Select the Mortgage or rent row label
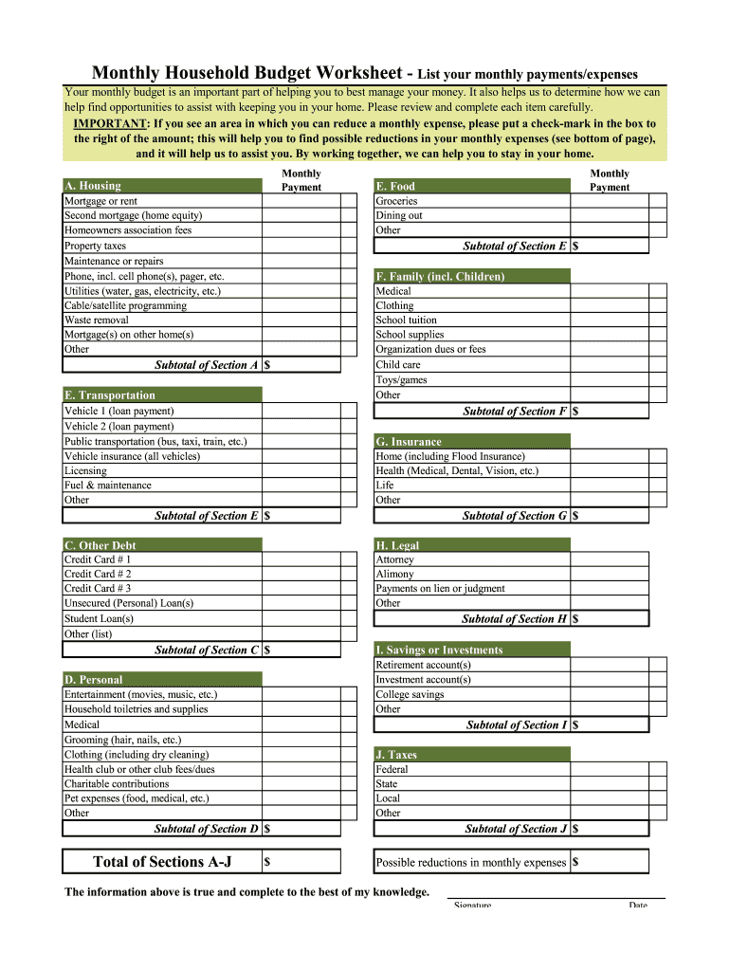point(100,201)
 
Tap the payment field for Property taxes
point(301,246)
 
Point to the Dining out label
point(399,215)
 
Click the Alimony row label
point(394,574)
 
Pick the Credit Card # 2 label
point(98,574)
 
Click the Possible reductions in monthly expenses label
point(470,863)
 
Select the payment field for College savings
point(610,694)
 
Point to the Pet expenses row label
point(137,798)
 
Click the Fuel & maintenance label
point(107,485)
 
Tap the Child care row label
point(398,364)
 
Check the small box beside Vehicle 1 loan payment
point(348,412)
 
